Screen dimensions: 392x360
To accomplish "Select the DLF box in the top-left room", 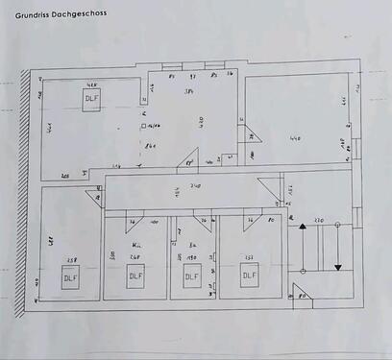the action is point(91,99).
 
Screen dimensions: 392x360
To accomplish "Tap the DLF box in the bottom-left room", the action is point(70,278).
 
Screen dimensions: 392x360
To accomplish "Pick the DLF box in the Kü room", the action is point(135,277).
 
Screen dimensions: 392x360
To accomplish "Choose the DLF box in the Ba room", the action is point(191,276).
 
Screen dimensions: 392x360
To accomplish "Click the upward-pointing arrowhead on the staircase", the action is point(303,227).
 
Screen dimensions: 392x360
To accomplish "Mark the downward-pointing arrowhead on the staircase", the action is point(338,268).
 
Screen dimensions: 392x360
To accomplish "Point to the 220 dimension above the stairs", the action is point(321,221).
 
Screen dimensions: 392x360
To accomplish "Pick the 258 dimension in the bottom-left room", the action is point(69,259).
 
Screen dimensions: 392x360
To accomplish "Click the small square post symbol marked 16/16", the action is point(142,126).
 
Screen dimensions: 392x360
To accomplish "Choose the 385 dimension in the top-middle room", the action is point(190,91).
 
